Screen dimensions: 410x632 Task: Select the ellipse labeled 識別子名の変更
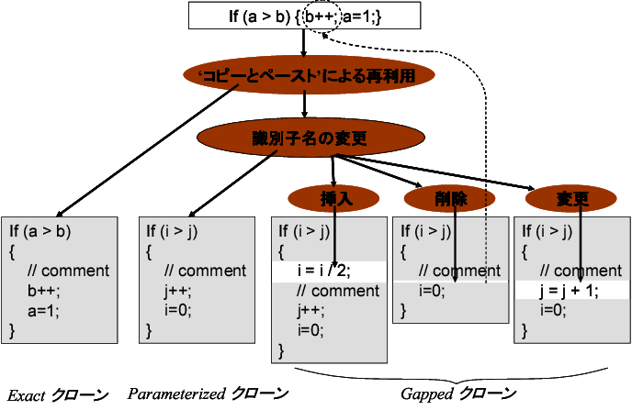[309, 139]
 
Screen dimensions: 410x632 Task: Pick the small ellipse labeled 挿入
[333, 197]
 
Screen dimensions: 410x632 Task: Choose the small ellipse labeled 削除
[450, 197]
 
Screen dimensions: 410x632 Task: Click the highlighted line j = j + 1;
[570, 291]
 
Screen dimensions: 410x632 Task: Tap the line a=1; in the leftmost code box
[44, 311]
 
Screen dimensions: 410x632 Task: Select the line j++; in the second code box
[179, 291]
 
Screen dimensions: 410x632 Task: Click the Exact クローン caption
[57, 394]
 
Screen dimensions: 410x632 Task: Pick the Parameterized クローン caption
[208, 394]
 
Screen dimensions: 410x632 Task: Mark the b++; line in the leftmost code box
[44, 291]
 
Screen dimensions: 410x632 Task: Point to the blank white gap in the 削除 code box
[450, 282]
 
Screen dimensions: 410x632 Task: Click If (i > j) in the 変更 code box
[556, 230]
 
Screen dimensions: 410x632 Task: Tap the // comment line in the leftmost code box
[68, 271]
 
